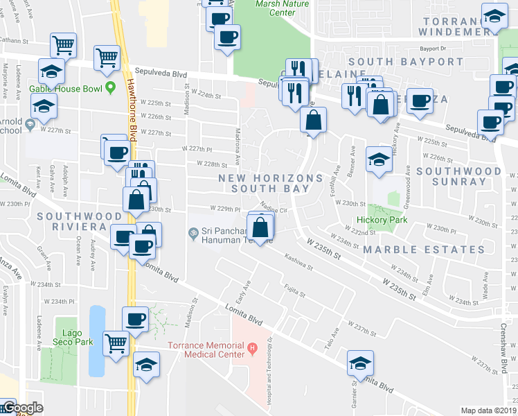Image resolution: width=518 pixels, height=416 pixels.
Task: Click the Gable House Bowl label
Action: click(x=66, y=89)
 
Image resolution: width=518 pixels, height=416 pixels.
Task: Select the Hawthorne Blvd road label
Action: click(x=132, y=104)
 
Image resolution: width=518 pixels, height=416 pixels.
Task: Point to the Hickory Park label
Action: click(x=382, y=220)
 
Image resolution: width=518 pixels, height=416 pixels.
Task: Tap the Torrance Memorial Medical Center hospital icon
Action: click(x=253, y=347)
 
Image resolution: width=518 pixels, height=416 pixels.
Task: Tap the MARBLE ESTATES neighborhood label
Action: click(x=424, y=250)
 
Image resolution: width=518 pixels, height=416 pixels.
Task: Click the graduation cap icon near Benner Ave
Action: click(x=379, y=160)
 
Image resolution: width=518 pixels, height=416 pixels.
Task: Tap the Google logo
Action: click(x=22, y=408)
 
